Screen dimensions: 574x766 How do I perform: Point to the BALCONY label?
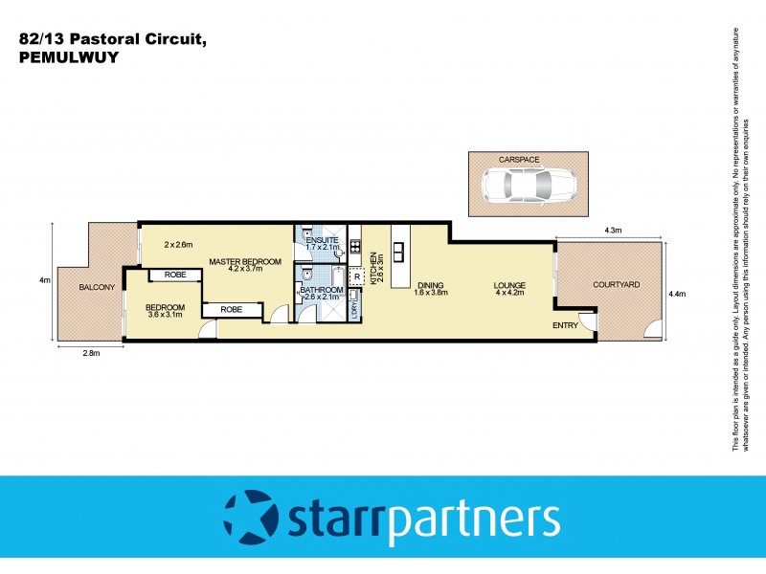click(x=97, y=287)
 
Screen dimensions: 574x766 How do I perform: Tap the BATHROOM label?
click(x=322, y=290)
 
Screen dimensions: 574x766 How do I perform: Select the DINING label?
click(x=431, y=284)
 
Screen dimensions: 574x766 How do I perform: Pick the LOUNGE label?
click(x=509, y=285)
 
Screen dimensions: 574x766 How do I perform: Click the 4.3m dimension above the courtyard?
click(x=613, y=231)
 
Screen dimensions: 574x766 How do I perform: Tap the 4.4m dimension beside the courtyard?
click(x=678, y=294)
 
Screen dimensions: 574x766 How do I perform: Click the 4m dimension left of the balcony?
click(x=43, y=280)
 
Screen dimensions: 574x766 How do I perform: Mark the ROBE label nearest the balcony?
click(x=174, y=275)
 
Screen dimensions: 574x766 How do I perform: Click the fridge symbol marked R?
click(x=356, y=277)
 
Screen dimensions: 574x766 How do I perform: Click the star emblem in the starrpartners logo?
click(x=250, y=519)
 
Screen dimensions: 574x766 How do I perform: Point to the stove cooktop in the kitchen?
click(x=353, y=254)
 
